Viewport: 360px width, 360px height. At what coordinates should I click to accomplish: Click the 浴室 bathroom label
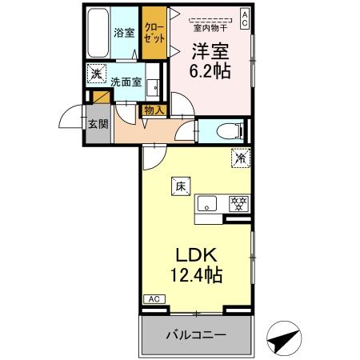123,34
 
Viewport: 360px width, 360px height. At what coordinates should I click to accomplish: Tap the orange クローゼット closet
154,33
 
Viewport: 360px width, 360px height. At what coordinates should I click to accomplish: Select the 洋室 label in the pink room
210,50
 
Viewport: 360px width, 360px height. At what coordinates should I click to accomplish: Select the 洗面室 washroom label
127,82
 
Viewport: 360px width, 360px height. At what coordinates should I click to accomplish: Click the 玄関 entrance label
98,125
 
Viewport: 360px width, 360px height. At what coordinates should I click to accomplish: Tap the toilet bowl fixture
226,130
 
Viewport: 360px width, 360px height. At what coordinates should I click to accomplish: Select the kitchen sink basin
207,204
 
